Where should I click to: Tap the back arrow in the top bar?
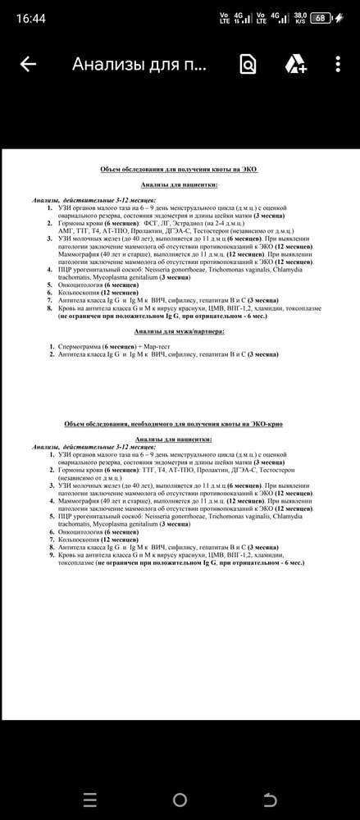point(28,64)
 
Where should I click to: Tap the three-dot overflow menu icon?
point(338,64)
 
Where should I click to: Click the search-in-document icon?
point(248,64)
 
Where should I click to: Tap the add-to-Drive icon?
point(294,64)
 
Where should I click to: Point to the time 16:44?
point(31,17)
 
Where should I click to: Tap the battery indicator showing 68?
point(320,17)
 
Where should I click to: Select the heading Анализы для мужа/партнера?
point(178,331)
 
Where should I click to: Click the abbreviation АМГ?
point(66,232)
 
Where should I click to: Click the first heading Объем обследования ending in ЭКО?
point(178,169)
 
